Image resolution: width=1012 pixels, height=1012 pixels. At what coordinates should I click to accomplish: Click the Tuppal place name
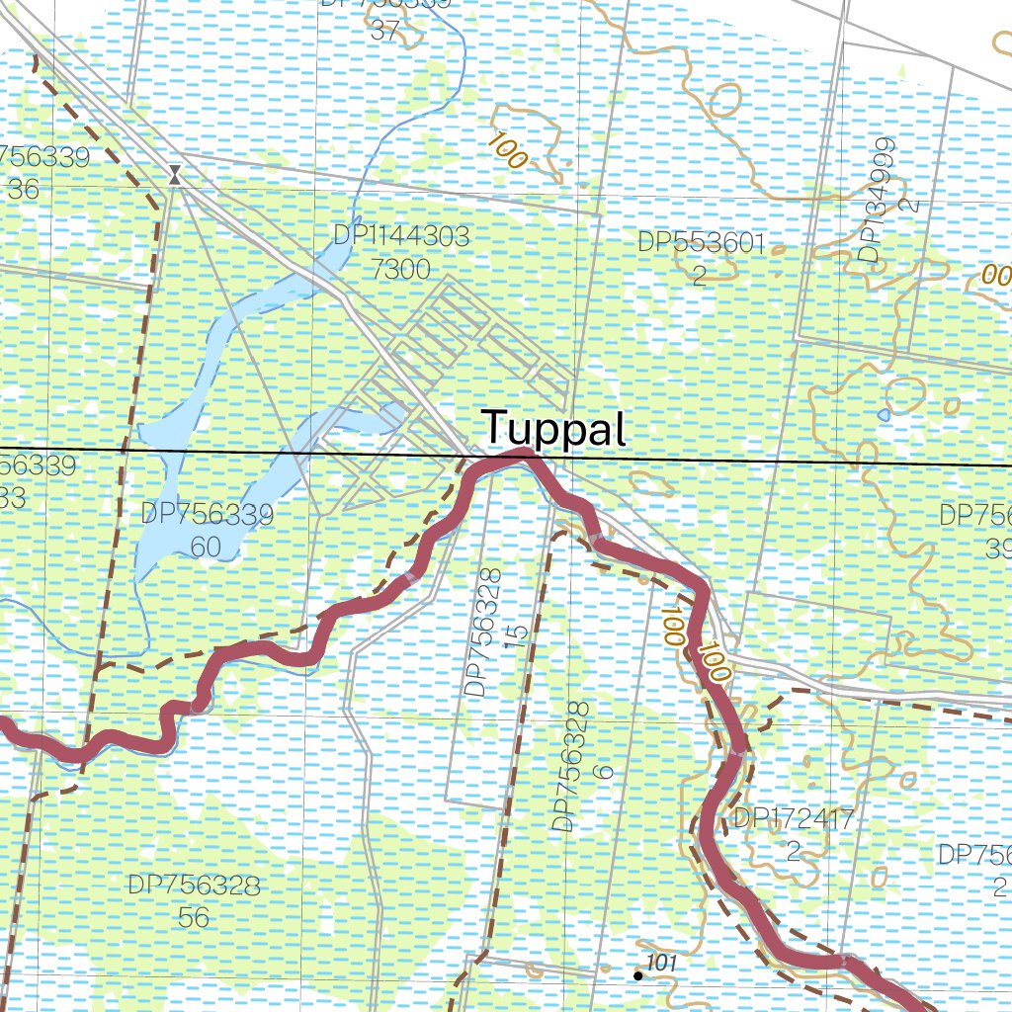[x=554, y=430]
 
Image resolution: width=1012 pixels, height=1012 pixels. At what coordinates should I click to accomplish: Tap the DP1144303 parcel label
[x=401, y=236]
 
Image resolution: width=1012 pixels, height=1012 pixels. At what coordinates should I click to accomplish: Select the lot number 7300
[x=402, y=269]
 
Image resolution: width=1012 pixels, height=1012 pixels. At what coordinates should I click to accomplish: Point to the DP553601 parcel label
[x=701, y=243]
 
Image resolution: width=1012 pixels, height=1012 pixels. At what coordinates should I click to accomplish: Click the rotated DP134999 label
[x=871, y=202]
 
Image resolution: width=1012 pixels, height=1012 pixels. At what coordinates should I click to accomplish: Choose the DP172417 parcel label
[x=793, y=818]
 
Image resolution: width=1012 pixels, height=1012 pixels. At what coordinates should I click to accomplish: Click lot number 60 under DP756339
[x=207, y=548]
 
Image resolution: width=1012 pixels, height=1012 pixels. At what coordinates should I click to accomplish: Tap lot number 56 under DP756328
[x=194, y=917]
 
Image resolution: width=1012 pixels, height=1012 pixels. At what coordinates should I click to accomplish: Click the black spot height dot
[x=638, y=976]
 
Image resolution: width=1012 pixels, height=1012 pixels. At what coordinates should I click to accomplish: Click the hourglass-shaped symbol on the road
[x=175, y=175]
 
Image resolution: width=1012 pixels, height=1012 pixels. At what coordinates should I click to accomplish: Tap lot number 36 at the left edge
[x=22, y=190]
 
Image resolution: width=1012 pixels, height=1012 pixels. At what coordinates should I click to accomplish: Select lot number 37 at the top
[x=384, y=32]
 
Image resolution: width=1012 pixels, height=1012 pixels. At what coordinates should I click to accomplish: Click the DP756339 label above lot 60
[x=207, y=514]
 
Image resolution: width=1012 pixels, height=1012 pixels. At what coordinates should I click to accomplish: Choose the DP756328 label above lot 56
[x=194, y=885]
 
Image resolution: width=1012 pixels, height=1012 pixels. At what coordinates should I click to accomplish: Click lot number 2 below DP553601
[x=699, y=276]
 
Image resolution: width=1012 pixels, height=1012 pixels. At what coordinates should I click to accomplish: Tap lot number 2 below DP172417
[x=793, y=851]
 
